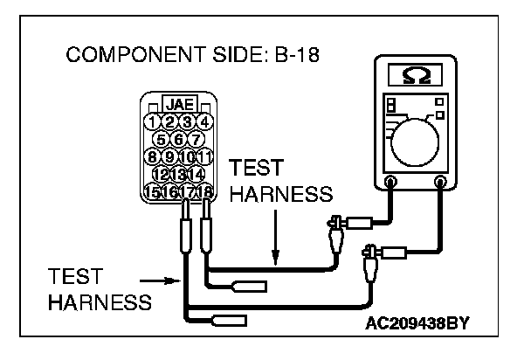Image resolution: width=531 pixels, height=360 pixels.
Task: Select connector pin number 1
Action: [153, 122]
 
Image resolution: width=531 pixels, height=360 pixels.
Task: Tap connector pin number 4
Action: [204, 122]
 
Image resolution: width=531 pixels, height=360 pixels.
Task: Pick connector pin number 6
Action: [178, 140]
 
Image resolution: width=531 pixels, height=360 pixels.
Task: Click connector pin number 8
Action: [153, 157]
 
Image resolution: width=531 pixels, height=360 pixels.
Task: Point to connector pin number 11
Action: [205, 157]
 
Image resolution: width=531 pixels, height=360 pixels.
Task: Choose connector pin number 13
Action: [179, 175]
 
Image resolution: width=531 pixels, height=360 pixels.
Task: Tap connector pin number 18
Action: [206, 192]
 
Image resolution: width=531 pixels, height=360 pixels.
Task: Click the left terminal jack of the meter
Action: [390, 183]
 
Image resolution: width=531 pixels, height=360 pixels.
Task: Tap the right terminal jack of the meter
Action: [441, 183]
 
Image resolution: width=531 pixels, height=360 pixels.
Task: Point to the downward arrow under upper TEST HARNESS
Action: [275, 246]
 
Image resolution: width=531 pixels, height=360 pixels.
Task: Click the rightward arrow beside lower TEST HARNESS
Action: [162, 281]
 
